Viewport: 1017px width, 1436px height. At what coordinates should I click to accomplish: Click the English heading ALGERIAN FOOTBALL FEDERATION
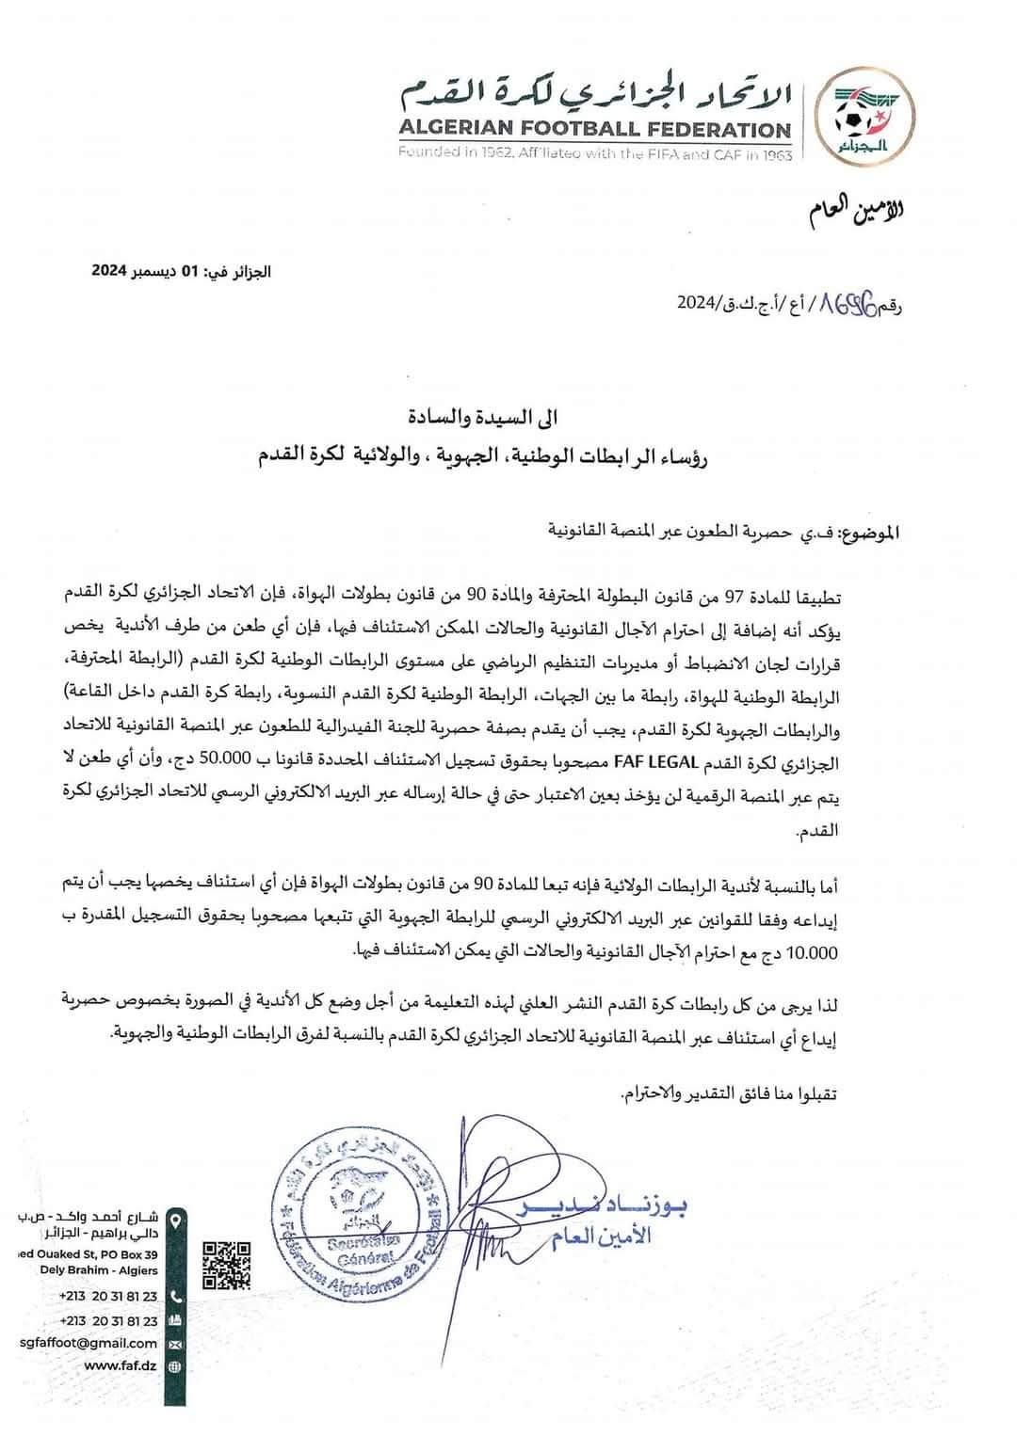point(595,131)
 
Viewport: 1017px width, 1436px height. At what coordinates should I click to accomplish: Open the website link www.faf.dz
point(120,1366)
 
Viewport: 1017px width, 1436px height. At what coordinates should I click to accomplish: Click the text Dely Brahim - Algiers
point(102,1270)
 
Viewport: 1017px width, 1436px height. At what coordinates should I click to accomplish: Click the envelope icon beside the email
point(174,1344)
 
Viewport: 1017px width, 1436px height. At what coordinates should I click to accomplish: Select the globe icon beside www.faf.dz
point(174,1366)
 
